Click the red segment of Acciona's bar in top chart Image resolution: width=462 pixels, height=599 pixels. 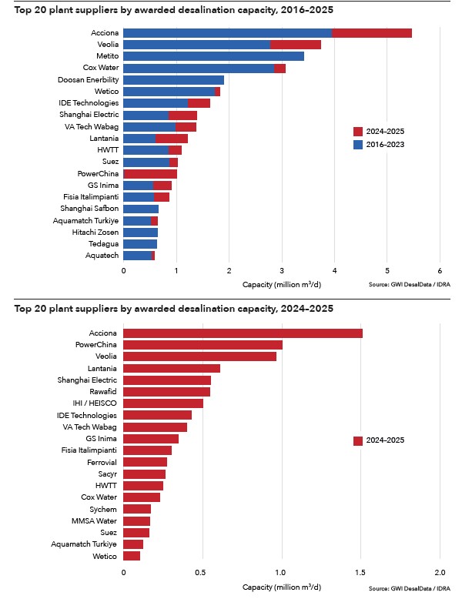click(x=372, y=33)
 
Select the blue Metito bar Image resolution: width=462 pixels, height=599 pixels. click(x=213, y=56)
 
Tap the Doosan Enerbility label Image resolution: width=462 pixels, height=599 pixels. click(x=89, y=79)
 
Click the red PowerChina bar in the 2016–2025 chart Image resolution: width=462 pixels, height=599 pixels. click(x=150, y=173)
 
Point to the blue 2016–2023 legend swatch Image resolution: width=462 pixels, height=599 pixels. click(x=357, y=144)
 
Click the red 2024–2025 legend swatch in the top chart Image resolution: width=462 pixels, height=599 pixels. click(x=357, y=132)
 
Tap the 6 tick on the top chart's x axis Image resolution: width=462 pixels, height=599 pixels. click(x=439, y=270)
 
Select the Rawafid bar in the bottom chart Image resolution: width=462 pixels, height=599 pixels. click(x=166, y=391)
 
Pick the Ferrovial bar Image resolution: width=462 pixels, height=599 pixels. click(x=145, y=462)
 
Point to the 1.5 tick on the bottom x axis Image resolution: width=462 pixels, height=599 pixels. click(x=360, y=573)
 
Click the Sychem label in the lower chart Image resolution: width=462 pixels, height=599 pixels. click(x=105, y=509)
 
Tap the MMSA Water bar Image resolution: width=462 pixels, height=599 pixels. click(x=136, y=521)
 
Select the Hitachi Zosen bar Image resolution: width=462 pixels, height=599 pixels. click(x=140, y=232)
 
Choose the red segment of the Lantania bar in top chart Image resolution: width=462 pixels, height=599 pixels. click(x=171, y=138)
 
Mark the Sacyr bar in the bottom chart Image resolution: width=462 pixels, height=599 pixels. click(x=144, y=474)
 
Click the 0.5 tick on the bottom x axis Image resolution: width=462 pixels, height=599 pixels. click(x=202, y=573)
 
